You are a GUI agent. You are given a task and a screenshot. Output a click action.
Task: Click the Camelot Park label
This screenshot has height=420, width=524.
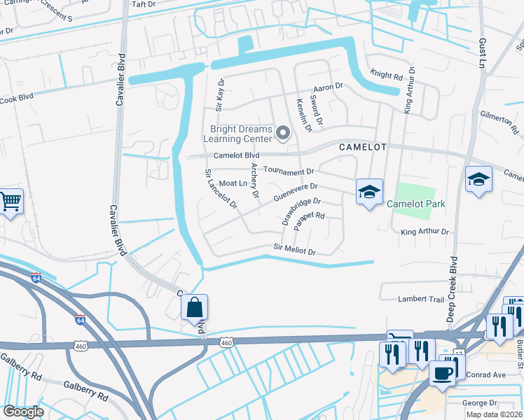click(x=416, y=204)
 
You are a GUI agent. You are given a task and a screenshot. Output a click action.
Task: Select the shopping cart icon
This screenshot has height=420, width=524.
click(x=11, y=202)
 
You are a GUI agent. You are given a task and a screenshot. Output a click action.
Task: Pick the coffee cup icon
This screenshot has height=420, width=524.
click(x=442, y=373)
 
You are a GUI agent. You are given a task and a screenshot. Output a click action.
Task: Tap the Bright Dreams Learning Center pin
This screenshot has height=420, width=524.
click(x=283, y=132)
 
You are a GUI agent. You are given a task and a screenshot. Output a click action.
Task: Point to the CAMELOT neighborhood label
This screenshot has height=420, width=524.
click(x=363, y=148)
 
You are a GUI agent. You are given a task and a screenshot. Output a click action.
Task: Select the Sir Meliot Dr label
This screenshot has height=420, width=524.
click(x=294, y=250)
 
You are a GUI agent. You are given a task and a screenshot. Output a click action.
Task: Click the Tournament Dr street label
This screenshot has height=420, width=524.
click(x=289, y=171)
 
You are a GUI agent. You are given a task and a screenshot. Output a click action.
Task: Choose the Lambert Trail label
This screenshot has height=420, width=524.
click(x=421, y=299)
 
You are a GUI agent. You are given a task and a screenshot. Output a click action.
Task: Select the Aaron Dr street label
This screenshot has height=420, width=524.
click(x=327, y=86)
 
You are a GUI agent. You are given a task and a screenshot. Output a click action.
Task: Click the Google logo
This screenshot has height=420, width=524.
click(x=23, y=412)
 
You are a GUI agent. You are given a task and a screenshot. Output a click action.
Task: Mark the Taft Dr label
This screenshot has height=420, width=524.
click(x=143, y=4)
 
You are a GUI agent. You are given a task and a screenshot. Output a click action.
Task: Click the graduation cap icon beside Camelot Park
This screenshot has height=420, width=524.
click(x=368, y=192)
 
